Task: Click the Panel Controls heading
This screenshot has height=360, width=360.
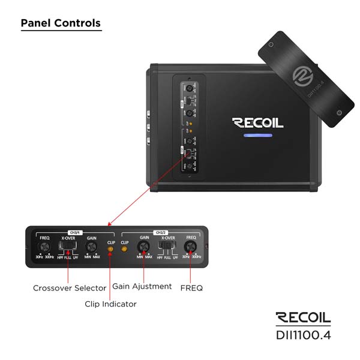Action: [61, 23]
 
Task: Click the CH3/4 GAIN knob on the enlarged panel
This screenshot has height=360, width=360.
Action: [92, 247]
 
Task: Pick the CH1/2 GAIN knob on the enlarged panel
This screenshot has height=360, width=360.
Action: [144, 247]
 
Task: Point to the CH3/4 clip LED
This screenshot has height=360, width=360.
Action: [110, 248]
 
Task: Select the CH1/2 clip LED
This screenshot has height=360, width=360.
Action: [125, 248]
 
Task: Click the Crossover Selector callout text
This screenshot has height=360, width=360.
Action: [70, 289]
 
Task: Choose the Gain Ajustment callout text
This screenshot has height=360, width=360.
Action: [142, 287]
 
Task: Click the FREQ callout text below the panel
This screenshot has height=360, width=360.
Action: [191, 288]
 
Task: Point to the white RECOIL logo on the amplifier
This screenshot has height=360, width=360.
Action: [258, 123]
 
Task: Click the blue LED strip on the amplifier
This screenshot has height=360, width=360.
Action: [258, 135]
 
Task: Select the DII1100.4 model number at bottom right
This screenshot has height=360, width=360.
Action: [303, 335]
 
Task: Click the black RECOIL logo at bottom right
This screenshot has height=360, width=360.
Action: [303, 318]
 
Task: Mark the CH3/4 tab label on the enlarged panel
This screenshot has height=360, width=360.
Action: [75, 232]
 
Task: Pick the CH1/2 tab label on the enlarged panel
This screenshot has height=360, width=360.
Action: [161, 232]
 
